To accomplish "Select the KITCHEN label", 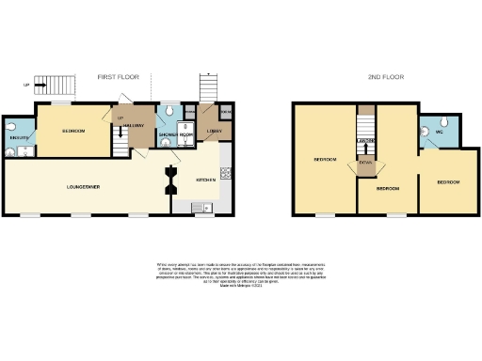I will point(205,179).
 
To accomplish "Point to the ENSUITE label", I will point(17,138).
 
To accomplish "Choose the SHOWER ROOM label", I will point(175,134).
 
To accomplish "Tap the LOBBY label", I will point(214,132).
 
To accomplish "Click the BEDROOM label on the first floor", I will point(74,131).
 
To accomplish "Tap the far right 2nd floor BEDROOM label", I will point(447,180).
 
